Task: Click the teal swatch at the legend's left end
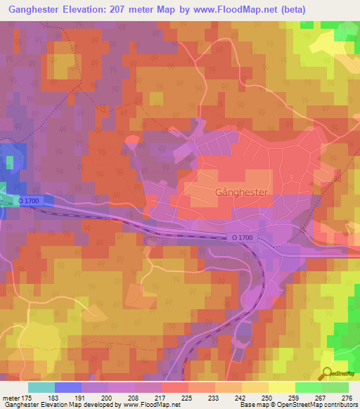click(x=41, y=387)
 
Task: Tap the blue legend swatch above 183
click(x=67, y=387)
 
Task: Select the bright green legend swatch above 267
click(x=308, y=387)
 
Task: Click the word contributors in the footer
click(x=337, y=405)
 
